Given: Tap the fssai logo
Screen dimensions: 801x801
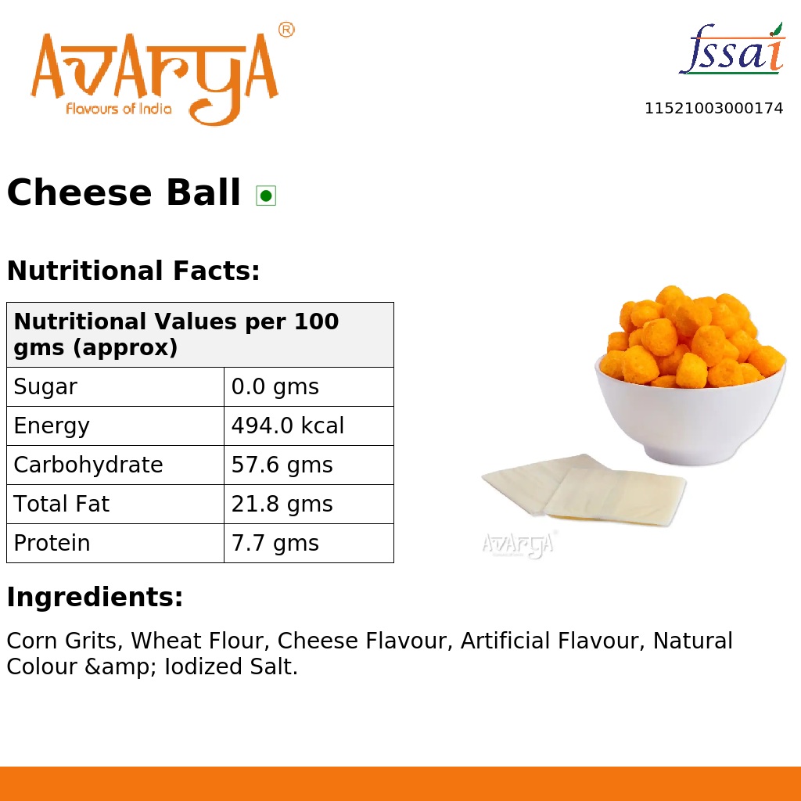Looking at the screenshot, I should point(731,50).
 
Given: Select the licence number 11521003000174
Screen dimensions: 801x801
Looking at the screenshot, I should point(713,109).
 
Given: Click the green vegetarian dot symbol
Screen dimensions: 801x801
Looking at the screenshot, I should point(266,195).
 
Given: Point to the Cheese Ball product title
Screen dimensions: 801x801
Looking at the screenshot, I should point(124,193).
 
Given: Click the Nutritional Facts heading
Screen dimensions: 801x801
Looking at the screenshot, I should point(133,271).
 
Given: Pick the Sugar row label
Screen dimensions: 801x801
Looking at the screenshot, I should point(45,387).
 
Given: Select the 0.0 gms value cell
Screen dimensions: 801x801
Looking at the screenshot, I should point(275,387).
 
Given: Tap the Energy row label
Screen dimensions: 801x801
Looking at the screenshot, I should point(52,426).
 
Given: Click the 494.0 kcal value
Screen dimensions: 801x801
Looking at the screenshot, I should point(288,426).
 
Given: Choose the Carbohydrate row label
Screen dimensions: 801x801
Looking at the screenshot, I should point(88,465).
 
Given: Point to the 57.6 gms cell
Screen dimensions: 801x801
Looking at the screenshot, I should point(282,465).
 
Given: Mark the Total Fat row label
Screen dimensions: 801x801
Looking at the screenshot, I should point(62,505).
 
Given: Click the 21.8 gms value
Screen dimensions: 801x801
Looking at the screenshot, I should point(282,505).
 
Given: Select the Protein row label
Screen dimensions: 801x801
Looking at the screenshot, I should point(52,544).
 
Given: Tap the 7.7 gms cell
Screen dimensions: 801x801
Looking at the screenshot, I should point(275,544).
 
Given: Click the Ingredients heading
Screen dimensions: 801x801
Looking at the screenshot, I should point(95,598).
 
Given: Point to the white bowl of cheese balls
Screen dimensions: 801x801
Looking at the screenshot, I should point(690,407).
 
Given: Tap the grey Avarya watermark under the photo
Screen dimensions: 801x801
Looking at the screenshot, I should point(518,544).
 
